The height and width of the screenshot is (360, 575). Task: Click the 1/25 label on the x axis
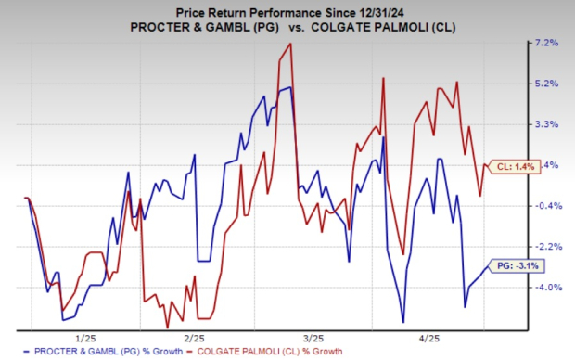coord(84,338)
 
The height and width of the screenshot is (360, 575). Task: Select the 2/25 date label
coord(194,338)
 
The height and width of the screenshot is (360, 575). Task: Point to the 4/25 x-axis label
coord(424,338)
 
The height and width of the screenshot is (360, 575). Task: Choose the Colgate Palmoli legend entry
coord(264,352)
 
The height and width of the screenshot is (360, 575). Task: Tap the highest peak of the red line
coord(290,44)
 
